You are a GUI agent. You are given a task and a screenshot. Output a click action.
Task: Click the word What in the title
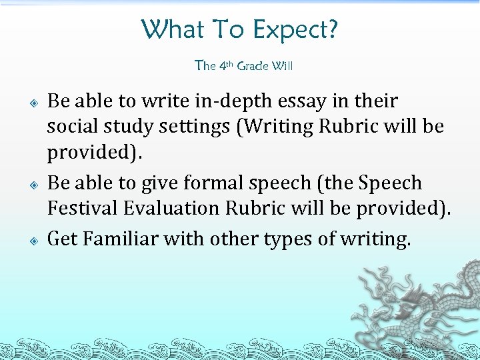click(165, 29)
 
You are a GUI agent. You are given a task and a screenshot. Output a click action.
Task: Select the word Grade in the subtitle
click(253, 65)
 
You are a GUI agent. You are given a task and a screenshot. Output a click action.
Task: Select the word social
click(73, 127)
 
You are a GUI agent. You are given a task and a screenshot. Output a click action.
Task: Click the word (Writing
click(279, 127)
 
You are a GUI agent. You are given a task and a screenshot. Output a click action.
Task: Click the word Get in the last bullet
click(61, 238)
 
